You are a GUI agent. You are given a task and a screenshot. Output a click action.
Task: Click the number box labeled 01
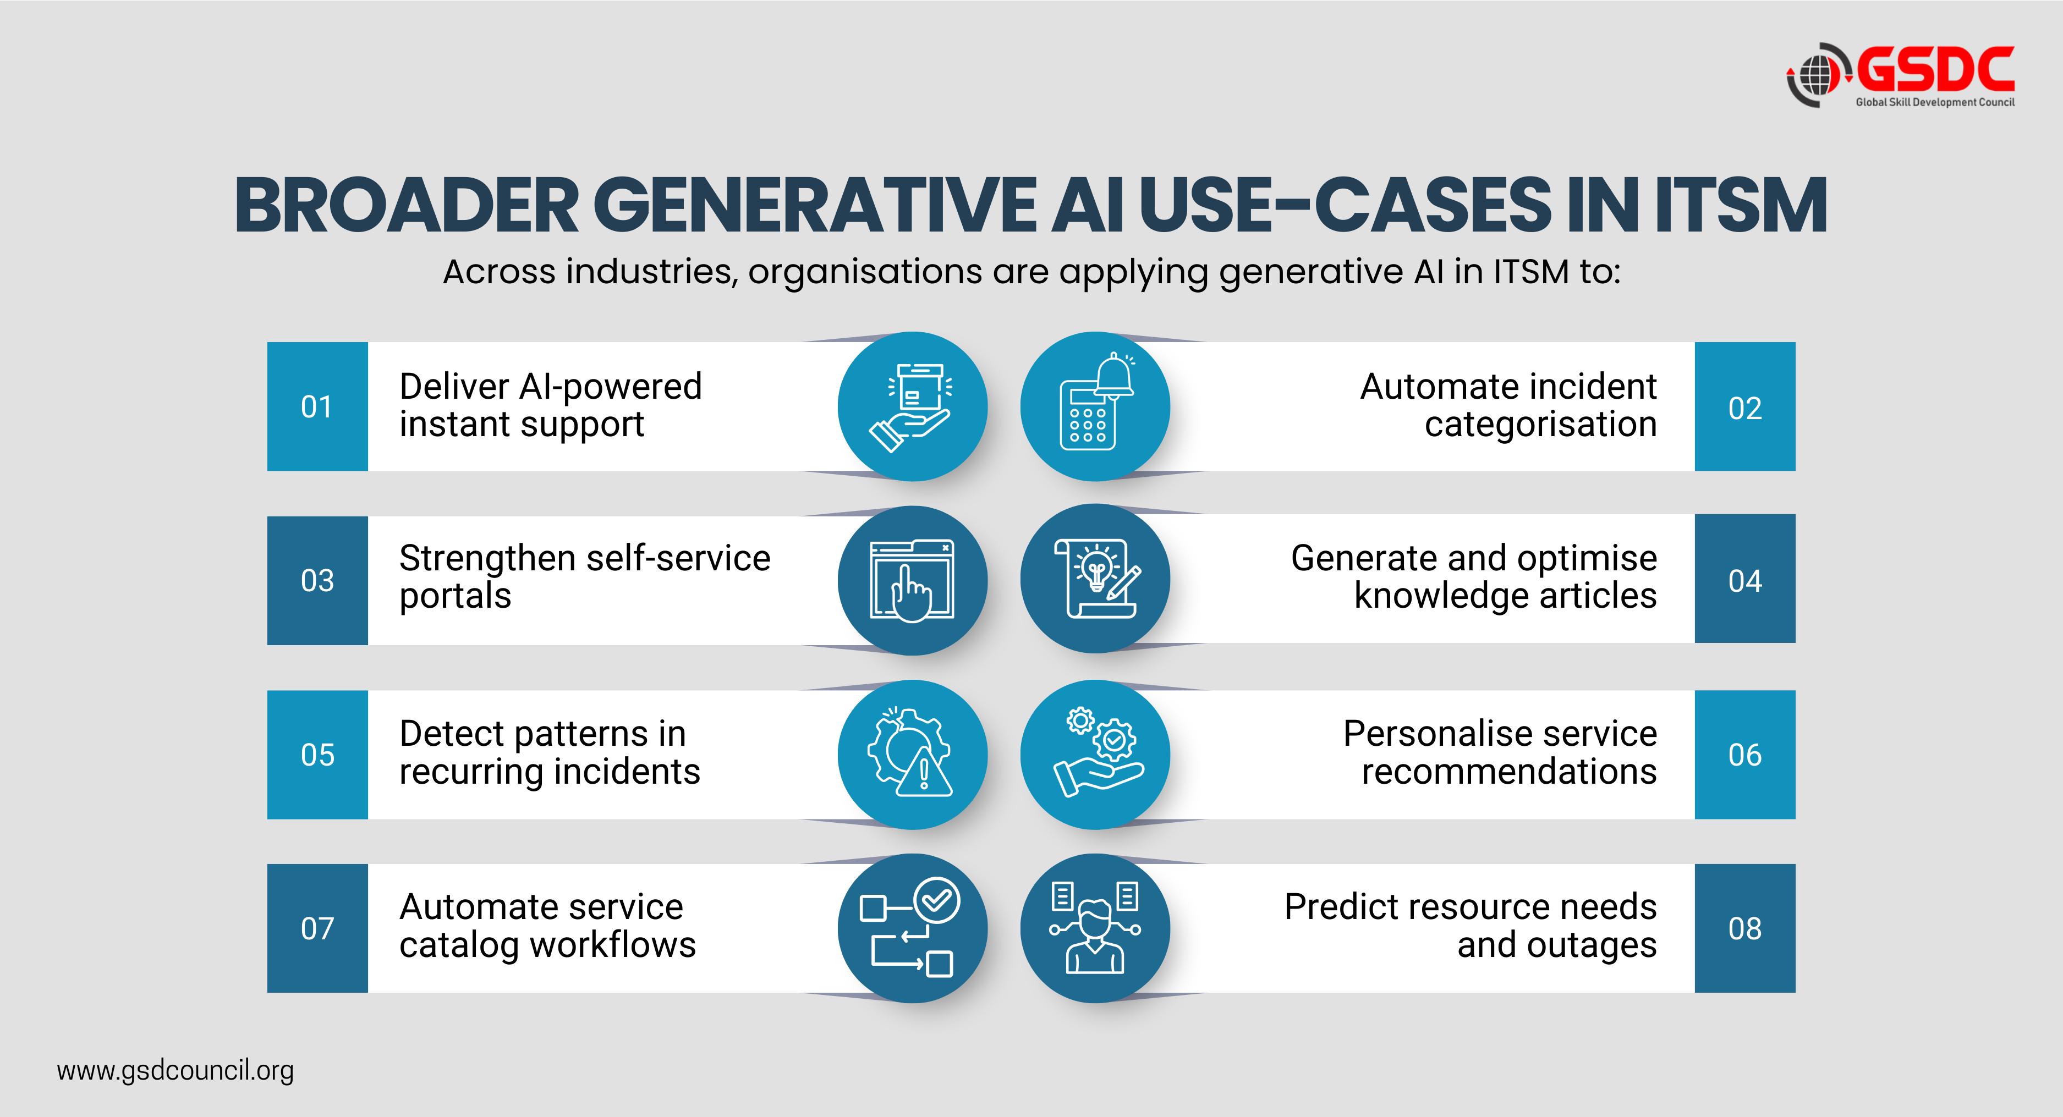tap(317, 407)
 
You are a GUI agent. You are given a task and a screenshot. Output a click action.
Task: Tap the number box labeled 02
tap(1744, 407)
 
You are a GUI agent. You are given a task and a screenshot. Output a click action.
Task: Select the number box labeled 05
tap(317, 754)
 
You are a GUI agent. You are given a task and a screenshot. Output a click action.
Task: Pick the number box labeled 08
tap(1744, 928)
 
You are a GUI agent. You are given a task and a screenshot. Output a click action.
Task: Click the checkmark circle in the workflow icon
tap(936, 901)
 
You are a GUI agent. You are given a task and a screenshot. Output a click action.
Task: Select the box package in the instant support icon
tap(919, 387)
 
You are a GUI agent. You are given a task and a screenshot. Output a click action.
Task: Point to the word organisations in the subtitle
tap(865, 272)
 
